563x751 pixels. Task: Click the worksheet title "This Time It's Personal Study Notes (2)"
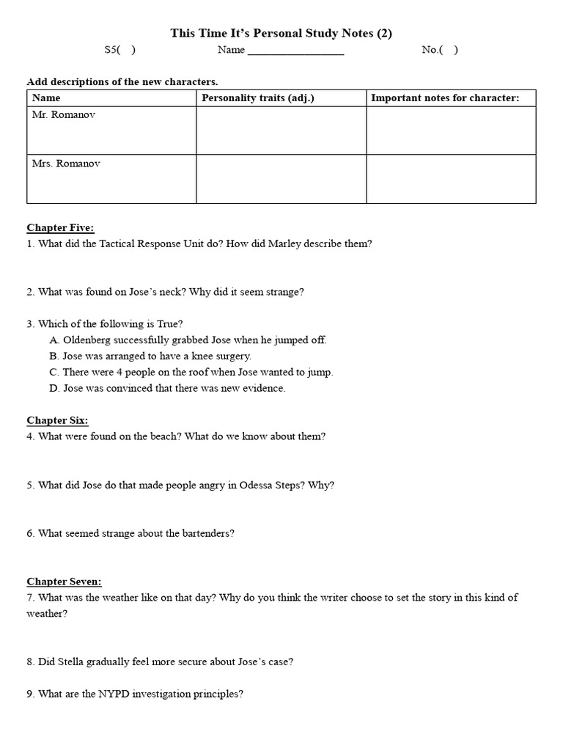tap(281, 33)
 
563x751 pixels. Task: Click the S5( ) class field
tap(119, 51)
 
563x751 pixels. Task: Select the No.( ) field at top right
tap(440, 51)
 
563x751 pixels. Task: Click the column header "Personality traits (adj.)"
tap(257, 98)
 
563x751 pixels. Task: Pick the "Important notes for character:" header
tap(445, 98)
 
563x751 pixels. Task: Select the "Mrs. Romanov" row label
tap(65, 164)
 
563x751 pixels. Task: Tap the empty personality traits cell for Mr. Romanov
tap(281, 132)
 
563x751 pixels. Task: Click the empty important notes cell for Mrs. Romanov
tap(451, 180)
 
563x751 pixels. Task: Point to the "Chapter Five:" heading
tap(61, 228)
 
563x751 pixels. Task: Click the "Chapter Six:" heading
tap(58, 420)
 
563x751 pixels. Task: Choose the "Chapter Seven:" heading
tap(65, 582)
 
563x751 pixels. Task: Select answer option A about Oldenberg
tap(188, 340)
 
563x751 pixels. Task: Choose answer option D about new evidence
tap(168, 389)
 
